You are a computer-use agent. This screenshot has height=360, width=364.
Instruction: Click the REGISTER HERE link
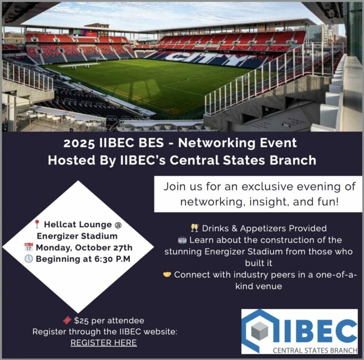pyautogui.click(x=103, y=342)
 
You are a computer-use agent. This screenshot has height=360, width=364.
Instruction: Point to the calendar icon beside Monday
pyautogui.click(x=28, y=247)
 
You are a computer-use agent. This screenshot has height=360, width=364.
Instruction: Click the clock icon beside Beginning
pyautogui.click(x=28, y=259)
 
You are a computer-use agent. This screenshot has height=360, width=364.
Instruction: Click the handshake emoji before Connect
pyautogui.click(x=167, y=275)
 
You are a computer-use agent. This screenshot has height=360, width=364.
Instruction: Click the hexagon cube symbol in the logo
pyautogui.click(x=259, y=331)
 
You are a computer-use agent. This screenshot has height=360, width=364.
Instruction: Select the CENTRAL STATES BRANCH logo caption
pyautogui.click(x=313, y=351)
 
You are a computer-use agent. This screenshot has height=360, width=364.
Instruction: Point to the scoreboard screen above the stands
pyautogui.click(x=80, y=33)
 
